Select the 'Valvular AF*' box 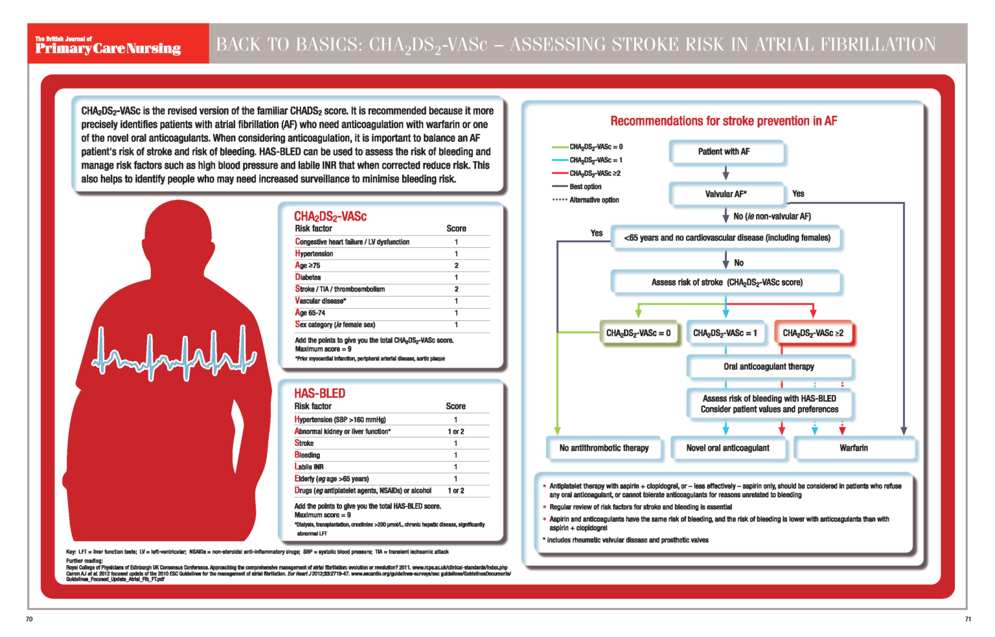pyautogui.click(x=726, y=194)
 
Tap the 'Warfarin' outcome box pyautogui.click(x=854, y=448)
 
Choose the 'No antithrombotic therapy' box pyautogui.click(x=604, y=448)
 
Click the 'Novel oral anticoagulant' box pyautogui.click(x=727, y=448)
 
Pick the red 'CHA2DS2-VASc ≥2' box pyautogui.click(x=813, y=333)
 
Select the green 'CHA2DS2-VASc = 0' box pyautogui.click(x=638, y=333)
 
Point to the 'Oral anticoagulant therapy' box pyautogui.click(x=769, y=366)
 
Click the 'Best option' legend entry pyautogui.click(x=585, y=186)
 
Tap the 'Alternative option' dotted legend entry pyautogui.click(x=593, y=200)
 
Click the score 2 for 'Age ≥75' pyautogui.click(x=456, y=265)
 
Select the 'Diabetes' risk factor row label pyautogui.click(x=308, y=277)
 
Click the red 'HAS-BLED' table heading pyautogui.click(x=319, y=394)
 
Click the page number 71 pyautogui.click(x=968, y=620)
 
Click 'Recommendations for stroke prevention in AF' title pyautogui.click(x=724, y=121)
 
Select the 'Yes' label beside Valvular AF pyautogui.click(x=798, y=194)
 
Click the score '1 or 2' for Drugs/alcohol pyautogui.click(x=455, y=491)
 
